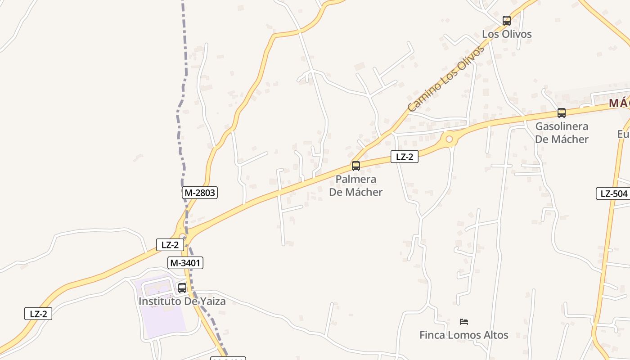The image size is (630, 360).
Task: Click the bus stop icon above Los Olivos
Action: (x=507, y=20)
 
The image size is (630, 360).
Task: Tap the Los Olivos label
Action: (x=507, y=34)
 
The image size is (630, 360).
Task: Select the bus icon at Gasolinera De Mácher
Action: (x=562, y=113)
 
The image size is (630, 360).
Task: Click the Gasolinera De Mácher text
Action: (x=562, y=133)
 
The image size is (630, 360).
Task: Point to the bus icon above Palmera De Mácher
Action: (x=356, y=166)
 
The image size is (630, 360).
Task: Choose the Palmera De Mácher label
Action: (x=356, y=186)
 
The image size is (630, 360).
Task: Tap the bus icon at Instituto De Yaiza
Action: (x=182, y=288)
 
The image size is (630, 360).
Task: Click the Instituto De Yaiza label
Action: (x=182, y=301)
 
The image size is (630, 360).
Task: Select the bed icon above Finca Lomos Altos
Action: (x=464, y=322)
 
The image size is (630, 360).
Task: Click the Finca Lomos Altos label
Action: (x=464, y=335)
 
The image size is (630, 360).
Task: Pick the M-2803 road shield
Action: (x=200, y=193)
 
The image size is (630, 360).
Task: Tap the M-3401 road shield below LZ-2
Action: (x=185, y=263)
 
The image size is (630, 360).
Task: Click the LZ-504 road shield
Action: (x=614, y=194)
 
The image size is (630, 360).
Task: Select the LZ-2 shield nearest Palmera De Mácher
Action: (x=405, y=157)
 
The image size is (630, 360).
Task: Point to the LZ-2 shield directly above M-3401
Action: (x=170, y=245)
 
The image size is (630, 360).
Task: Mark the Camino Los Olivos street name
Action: (x=445, y=79)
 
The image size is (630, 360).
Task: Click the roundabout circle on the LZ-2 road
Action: (x=449, y=139)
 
